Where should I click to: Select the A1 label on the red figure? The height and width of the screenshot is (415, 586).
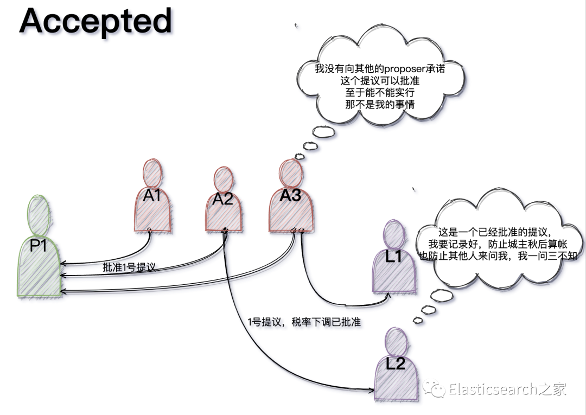coord(152,195)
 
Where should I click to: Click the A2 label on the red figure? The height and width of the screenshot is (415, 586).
coord(222,199)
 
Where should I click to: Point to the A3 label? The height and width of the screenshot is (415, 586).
coord(290,196)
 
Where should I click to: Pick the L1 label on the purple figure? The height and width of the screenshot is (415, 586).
coord(393,257)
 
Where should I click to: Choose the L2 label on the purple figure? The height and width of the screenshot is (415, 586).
coord(396,363)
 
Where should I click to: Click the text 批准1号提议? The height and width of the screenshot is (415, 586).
coord(129,267)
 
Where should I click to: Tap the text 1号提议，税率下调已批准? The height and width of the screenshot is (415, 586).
coord(304,322)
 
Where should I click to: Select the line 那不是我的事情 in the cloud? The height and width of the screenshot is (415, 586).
coord(380,105)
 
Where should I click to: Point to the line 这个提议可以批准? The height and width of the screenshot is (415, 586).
coord(380,81)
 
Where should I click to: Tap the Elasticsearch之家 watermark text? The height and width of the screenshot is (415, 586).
coord(507,389)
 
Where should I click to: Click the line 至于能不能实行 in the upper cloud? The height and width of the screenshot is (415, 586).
coord(380,93)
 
